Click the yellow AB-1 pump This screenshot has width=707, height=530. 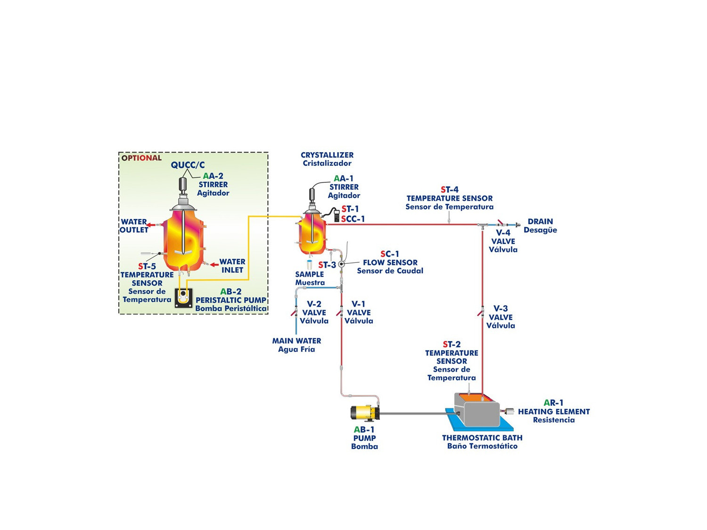click(364, 413)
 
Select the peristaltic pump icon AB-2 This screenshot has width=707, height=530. click(184, 298)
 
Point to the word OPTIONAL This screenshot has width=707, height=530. click(141, 158)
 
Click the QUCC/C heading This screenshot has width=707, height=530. click(188, 165)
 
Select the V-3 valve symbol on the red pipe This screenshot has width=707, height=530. click(481, 312)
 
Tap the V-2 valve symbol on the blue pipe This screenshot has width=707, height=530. click(295, 312)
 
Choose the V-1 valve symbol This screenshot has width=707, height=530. click(340, 312)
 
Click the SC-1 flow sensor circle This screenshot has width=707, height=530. click(342, 264)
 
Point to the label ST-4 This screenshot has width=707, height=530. click(450, 189)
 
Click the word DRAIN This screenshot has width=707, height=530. click(540, 221)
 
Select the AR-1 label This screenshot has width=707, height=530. click(553, 403)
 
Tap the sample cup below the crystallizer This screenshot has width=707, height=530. click(310, 265)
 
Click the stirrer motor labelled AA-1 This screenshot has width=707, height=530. click(312, 195)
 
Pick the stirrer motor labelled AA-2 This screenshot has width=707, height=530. click(183, 184)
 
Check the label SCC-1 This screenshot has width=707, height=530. click(353, 219)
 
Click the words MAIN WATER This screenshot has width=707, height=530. click(296, 341)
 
